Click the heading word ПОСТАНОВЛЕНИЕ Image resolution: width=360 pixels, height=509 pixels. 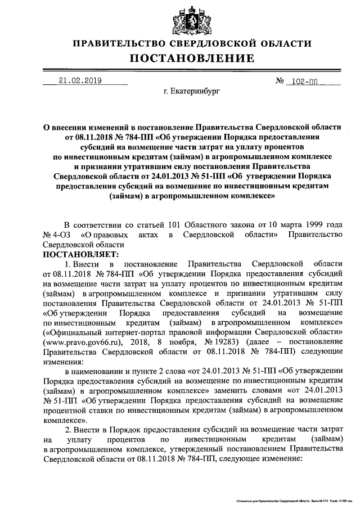click(x=192, y=58)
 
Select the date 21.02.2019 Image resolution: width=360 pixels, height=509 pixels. click(x=79, y=80)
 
